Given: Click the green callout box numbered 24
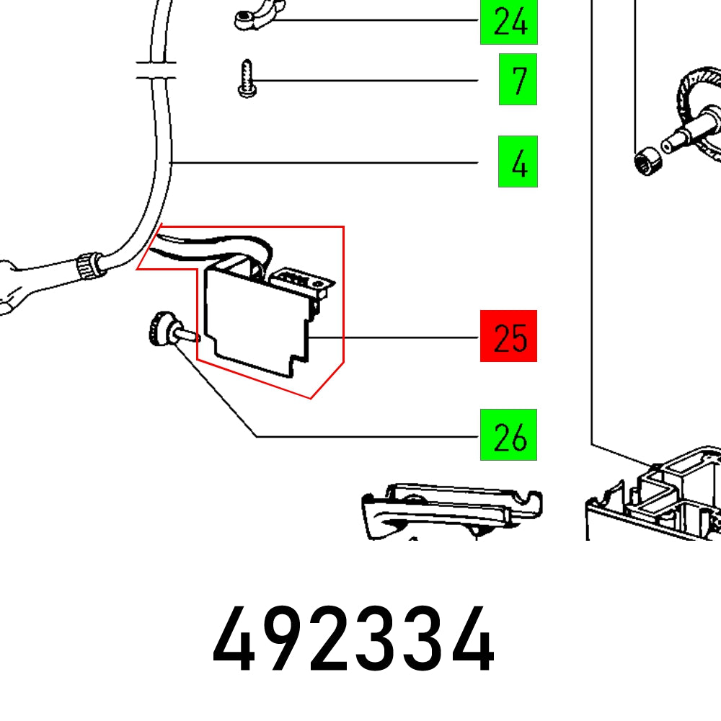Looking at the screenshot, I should point(510,22).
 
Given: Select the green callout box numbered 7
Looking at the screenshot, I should point(518,79).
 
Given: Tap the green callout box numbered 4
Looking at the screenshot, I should point(518,162).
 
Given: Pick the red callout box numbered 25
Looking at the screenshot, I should point(508,336).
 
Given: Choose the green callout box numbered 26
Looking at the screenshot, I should point(508,435).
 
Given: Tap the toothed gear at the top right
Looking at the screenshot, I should point(698,108).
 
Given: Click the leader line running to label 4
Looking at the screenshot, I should point(324,163).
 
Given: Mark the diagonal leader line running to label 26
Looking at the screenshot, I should point(216,397).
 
